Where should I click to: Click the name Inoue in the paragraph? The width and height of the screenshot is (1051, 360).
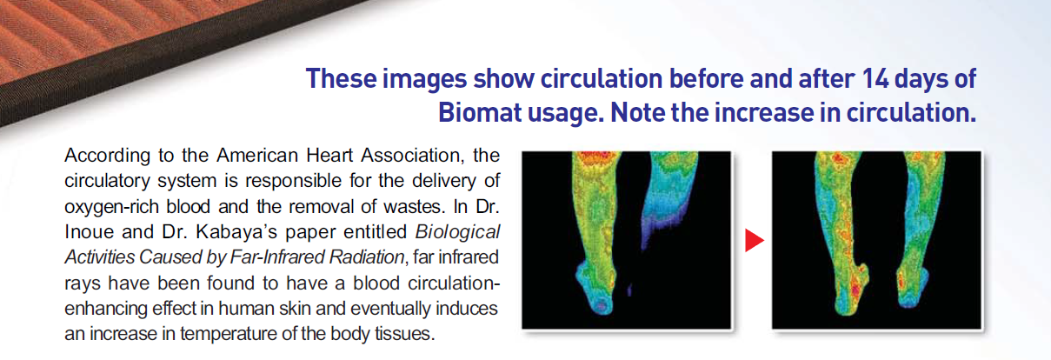pos(90,233)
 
